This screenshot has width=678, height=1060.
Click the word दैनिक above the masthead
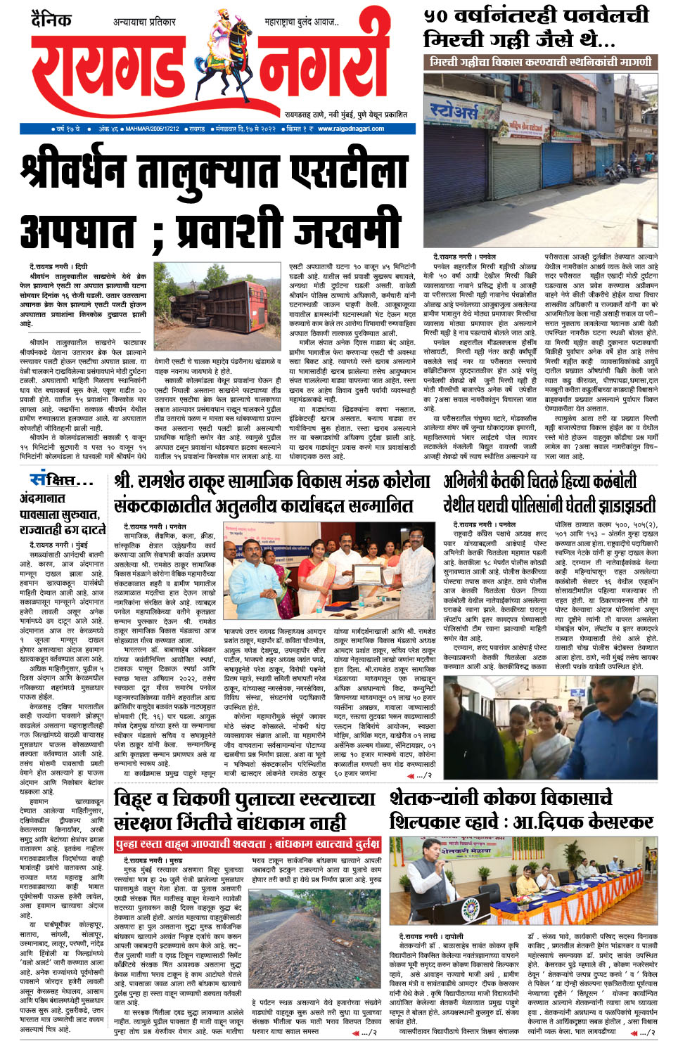click(51, 19)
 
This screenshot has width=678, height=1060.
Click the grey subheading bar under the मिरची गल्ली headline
click(541, 62)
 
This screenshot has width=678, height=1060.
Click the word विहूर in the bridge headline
click(137, 800)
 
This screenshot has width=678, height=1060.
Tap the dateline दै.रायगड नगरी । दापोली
click(431, 936)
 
